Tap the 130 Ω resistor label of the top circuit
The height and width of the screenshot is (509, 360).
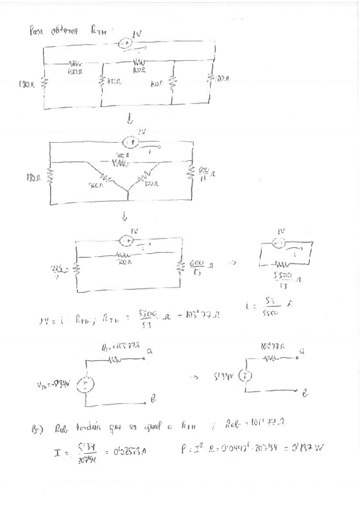pyautogui.click(x=27, y=85)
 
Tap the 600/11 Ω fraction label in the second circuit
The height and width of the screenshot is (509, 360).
pyautogui.click(x=204, y=173)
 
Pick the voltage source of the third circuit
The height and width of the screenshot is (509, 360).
pyautogui.click(x=126, y=241)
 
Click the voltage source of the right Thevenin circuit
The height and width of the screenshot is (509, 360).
pyautogui.click(x=244, y=377)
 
